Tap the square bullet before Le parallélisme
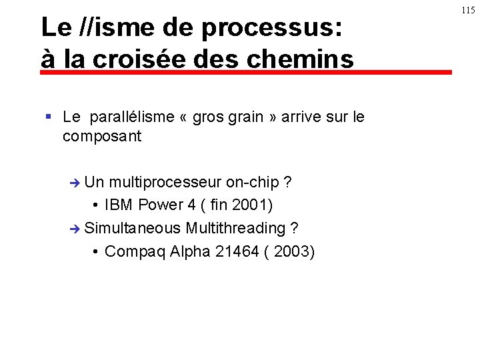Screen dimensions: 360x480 click(x=48, y=117)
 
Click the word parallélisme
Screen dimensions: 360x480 click(x=131, y=117)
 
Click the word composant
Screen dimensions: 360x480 click(x=102, y=137)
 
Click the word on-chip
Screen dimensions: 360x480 click(x=252, y=182)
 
